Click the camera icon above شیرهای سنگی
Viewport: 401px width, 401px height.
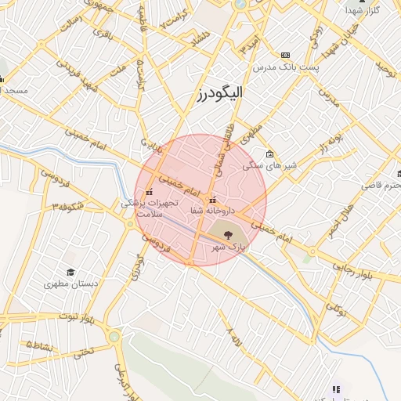coord(269,154)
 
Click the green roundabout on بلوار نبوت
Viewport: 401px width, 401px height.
coord(116,338)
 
